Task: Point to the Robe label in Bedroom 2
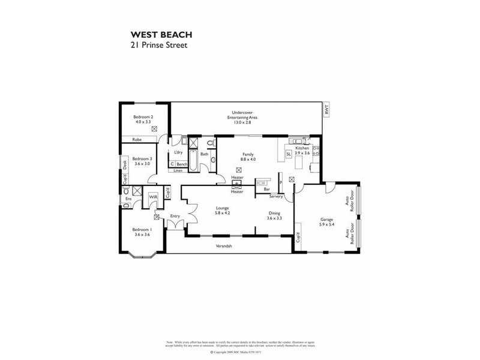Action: point(136,139)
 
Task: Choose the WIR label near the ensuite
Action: point(153,196)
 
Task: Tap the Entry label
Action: point(175,216)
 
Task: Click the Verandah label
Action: point(224,247)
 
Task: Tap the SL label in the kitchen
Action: point(289,154)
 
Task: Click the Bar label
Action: point(266,190)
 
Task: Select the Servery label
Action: point(276,196)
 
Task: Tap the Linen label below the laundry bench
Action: point(178,171)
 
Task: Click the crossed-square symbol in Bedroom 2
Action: point(154,129)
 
